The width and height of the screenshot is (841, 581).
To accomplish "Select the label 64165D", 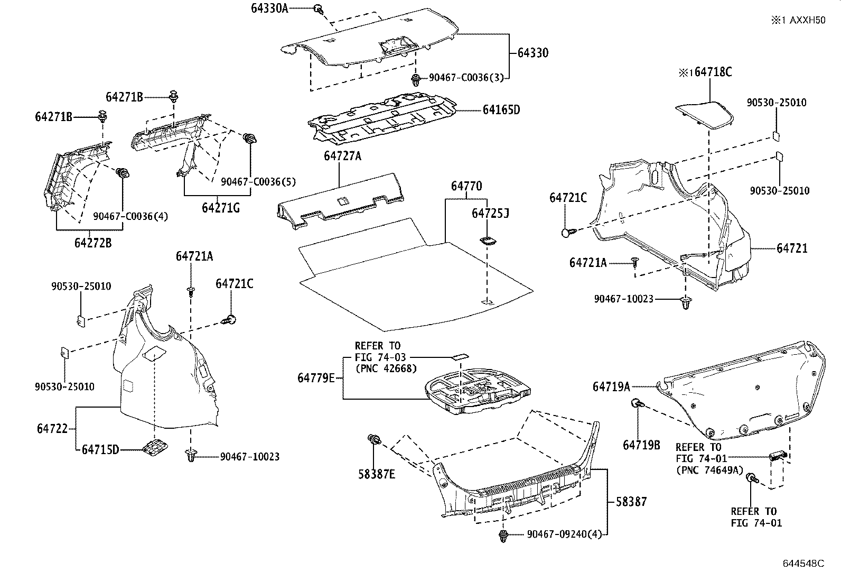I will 501,110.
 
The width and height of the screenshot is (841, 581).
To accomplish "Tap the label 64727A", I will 342,156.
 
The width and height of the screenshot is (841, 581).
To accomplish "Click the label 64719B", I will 641,445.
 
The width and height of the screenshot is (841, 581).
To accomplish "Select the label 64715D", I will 100,449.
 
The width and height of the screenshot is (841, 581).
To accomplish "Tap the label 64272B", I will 93,243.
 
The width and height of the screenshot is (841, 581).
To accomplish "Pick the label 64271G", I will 220,208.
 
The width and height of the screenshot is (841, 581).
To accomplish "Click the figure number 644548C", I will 803,564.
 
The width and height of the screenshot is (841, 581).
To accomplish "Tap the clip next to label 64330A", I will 319,8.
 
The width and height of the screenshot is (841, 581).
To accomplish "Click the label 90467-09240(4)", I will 564,534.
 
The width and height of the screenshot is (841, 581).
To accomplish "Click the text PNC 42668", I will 386,368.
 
